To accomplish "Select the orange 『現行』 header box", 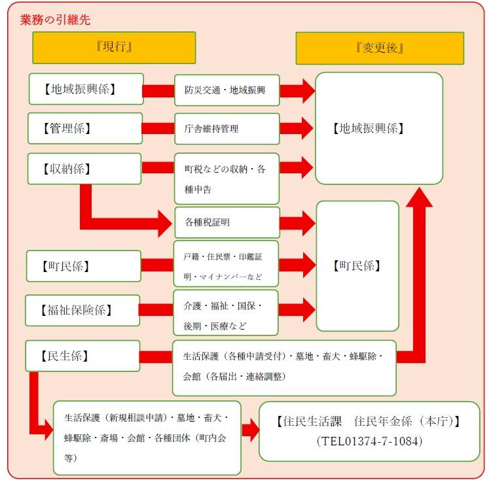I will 114,48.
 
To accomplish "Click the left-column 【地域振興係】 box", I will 86,89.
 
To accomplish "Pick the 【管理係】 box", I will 85,128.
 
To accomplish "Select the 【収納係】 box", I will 85,168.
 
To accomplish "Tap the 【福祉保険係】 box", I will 82,310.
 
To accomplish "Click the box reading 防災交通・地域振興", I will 227,90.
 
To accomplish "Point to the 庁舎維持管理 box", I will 227,129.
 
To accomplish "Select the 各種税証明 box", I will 227,222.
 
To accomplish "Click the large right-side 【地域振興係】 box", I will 378,128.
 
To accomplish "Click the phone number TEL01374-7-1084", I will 369,441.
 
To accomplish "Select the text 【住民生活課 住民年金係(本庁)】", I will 369,421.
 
